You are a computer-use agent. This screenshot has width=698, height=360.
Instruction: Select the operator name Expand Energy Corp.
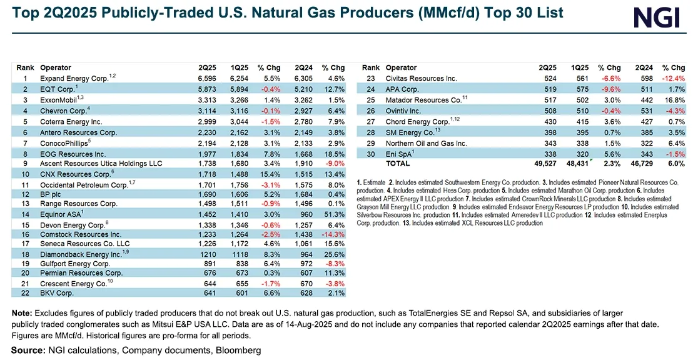[x=74, y=79]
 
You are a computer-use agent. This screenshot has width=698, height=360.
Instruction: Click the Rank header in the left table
[x=25, y=67]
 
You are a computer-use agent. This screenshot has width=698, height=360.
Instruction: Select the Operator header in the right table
[x=401, y=67]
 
